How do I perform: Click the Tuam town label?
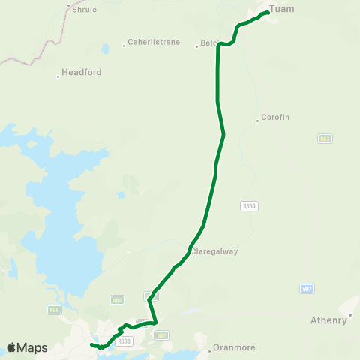[x=281, y=9]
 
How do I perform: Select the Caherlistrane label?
[x=154, y=43]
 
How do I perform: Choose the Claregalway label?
[x=214, y=252]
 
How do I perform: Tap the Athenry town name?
[x=328, y=321]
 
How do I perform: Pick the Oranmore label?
[x=234, y=348]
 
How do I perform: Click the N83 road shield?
[x=325, y=139]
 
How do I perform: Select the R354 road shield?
[x=250, y=205]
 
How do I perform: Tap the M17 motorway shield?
[x=307, y=288]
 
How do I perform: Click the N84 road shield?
[x=117, y=301]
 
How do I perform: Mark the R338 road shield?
[x=124, y=341]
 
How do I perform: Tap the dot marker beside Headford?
[x=59, y=76]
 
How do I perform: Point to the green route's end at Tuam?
[x=268, y=12]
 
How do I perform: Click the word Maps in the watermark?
[x=33, y=348]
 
